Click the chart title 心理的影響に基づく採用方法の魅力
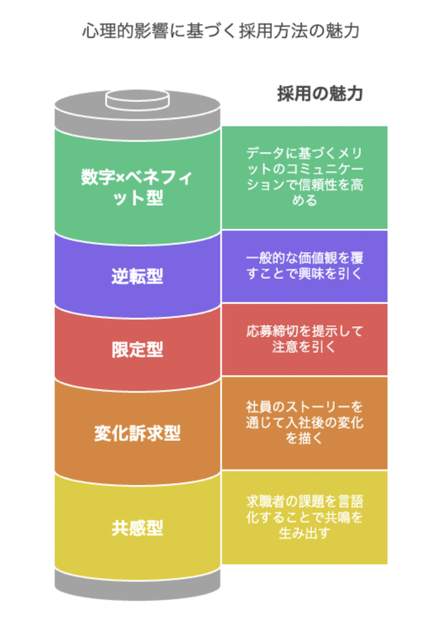point(221,31)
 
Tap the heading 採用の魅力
point(320,94)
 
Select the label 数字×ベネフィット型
point(137,187)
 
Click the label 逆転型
point(137,276)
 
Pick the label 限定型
point(137,350)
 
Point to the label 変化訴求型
point(137,433)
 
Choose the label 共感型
point(137,528)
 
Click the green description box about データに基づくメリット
point(305,178)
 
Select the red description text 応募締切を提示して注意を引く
point(305,339)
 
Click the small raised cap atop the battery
point(137,99)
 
